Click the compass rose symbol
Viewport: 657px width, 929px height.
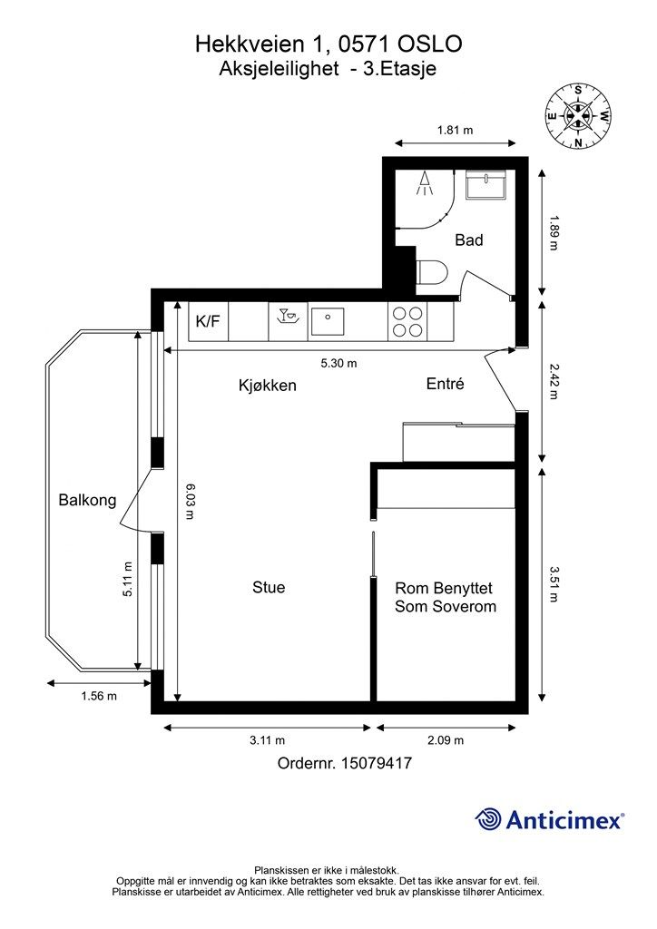(x=578, y=115)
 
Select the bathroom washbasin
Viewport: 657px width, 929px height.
(x=485, y=185)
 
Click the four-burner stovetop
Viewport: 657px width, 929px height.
(x=407, y=322)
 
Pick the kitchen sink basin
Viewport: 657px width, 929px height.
(x=328, y=322)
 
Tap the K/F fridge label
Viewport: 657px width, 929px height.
(x=208, y=321)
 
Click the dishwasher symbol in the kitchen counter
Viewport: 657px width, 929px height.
(x=288, y=317)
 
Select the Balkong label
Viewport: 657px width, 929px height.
(x=87, y=501)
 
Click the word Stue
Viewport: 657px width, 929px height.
(x=269, y=587)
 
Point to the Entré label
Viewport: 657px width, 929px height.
(x=445, y=384)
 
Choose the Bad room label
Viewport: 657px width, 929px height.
(x=468, y=240)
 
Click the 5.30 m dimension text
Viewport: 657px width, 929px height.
(x=338, y=363)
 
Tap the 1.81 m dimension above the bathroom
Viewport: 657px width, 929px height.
(x=455, y=130)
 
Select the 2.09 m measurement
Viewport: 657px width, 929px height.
(x=446, y=740)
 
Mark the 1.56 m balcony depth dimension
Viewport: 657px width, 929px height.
(x=99, y=696)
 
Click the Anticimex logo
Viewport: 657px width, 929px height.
(x=549, y=820)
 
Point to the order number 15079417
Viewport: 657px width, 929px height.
(x=377, y=763)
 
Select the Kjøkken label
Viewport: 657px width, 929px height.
(x=267, y=385)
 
